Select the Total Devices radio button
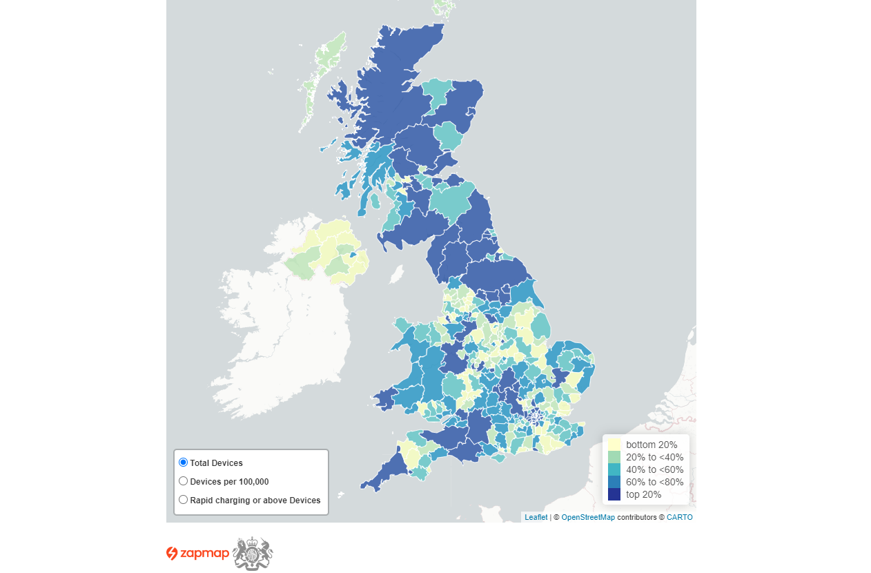184,463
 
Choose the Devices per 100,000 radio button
184,481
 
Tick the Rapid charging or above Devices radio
184,500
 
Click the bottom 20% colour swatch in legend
614,445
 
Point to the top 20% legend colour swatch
614,494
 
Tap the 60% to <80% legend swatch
614,482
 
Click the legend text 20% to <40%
654,457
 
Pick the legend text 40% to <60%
654,469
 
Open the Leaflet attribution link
536,517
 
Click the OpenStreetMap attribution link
588,517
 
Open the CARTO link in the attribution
679,517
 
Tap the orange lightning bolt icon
172,554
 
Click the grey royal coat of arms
253,554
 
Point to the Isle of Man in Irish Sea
396,274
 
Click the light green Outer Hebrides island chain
320,76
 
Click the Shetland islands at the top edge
444,8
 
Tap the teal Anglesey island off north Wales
402,324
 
